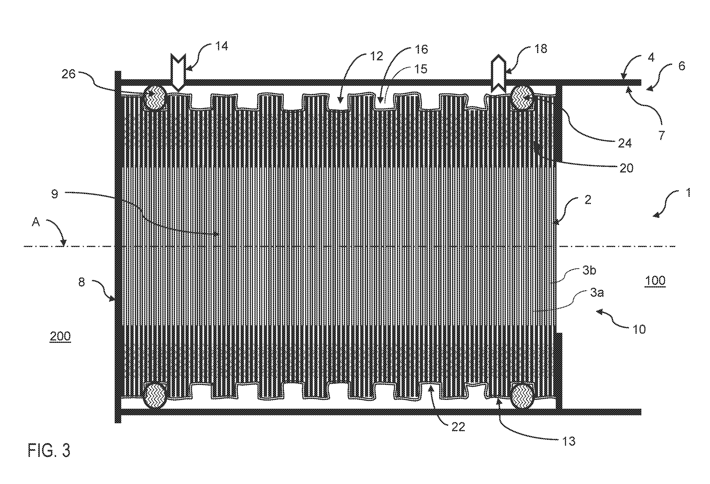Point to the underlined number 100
pos(656,280)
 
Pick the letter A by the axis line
pos(36,222)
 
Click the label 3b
pos(589,270)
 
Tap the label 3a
pos(597,293)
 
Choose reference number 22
pos(458,427)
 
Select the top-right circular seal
pos(523,97)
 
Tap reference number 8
pos(81,282)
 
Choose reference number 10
pos(639,329)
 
